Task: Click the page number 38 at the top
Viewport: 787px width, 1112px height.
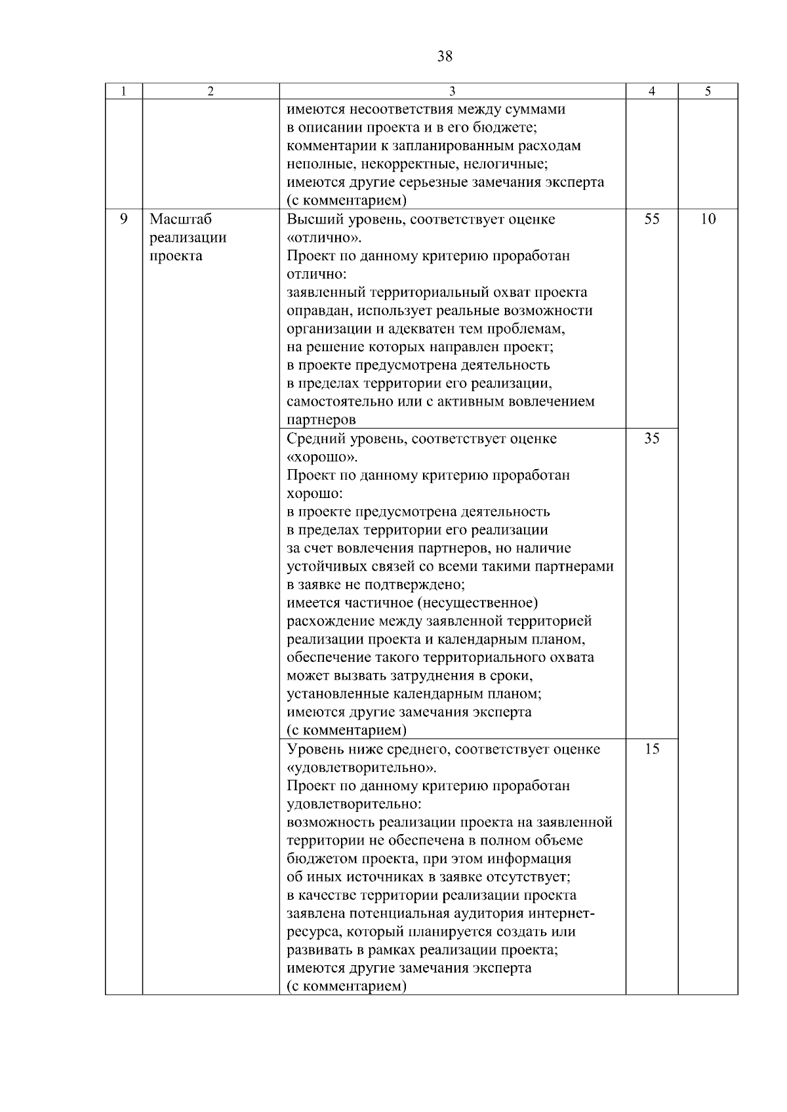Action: tap(444, 56)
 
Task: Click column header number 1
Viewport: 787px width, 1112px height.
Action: tap(123, 92)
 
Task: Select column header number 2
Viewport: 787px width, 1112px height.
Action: tap(211, 92)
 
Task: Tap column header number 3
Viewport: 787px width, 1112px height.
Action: tap(453, 92)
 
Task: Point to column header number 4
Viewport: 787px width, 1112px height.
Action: tap(651, 92)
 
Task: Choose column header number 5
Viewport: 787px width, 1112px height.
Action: tap(708, 92)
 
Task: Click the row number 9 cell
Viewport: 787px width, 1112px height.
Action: tap(123, 220)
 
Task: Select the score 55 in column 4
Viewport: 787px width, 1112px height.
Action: tap(651, 220)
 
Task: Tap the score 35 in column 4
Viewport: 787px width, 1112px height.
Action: tap(651, 439)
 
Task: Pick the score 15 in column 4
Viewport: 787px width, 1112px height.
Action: tap(651, 750)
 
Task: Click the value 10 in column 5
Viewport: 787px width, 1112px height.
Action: tap(708, 220)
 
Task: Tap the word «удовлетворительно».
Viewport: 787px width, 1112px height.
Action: tap(361, 768)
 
